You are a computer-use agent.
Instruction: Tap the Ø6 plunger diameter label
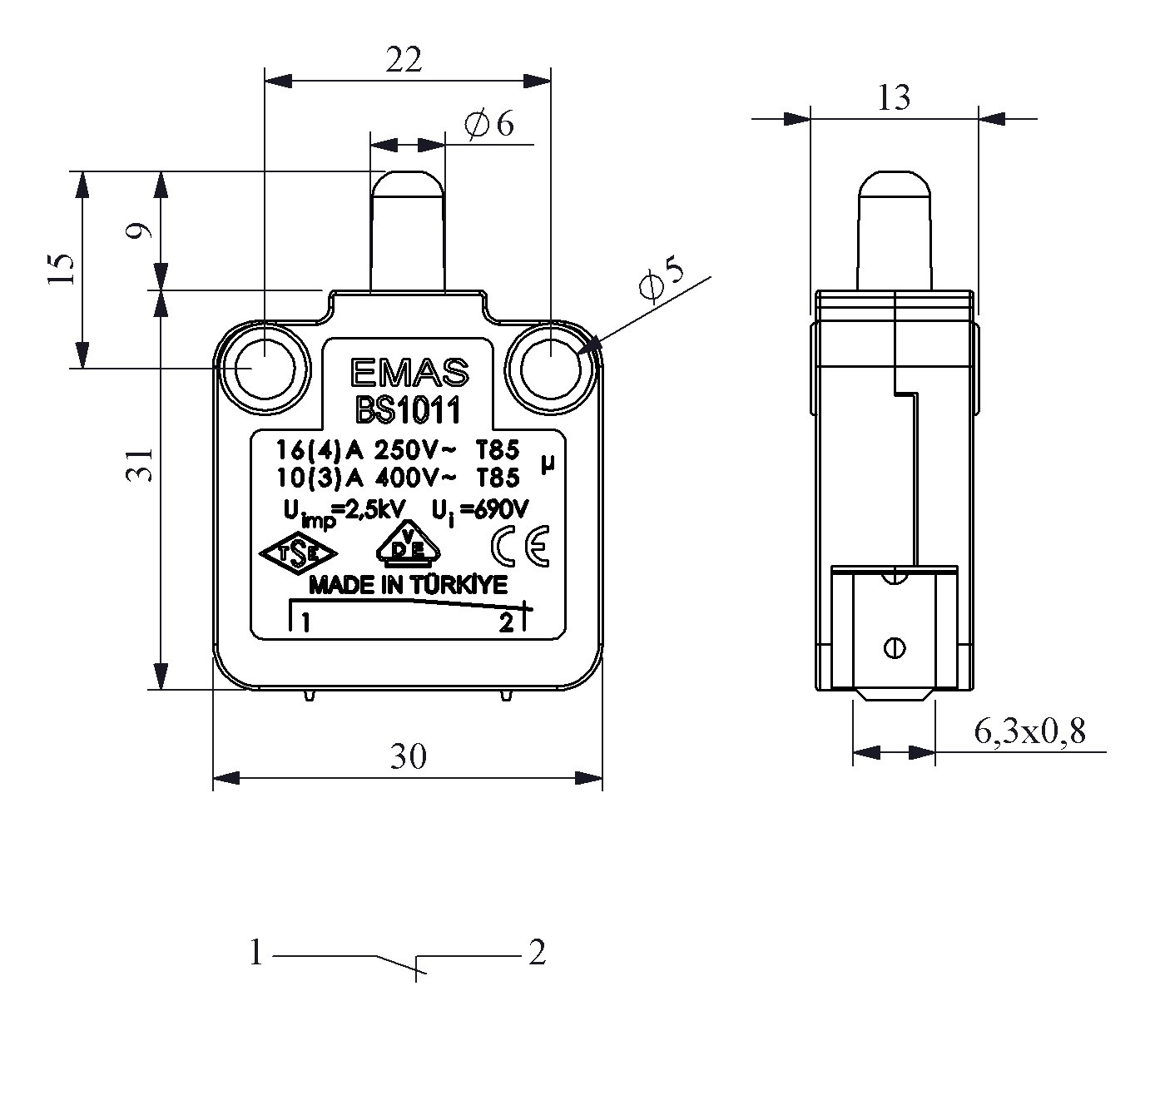(490, 125)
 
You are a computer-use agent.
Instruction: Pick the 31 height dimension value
(141, 464)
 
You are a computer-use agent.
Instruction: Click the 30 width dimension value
(409, 756)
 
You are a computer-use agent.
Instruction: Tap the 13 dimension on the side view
(894, 99)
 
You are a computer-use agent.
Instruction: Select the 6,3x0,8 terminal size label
(1029, 731)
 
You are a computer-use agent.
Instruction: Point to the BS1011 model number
(409, 410)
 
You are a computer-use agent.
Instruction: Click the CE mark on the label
(520, 547)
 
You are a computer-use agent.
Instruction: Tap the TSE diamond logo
(297, 555)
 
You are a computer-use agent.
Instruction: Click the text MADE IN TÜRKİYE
(408, 586)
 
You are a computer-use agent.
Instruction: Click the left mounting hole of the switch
(263, 367)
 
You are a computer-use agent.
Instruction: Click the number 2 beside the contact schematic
(538, 953)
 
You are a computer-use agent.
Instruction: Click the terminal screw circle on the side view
(895, 647)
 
